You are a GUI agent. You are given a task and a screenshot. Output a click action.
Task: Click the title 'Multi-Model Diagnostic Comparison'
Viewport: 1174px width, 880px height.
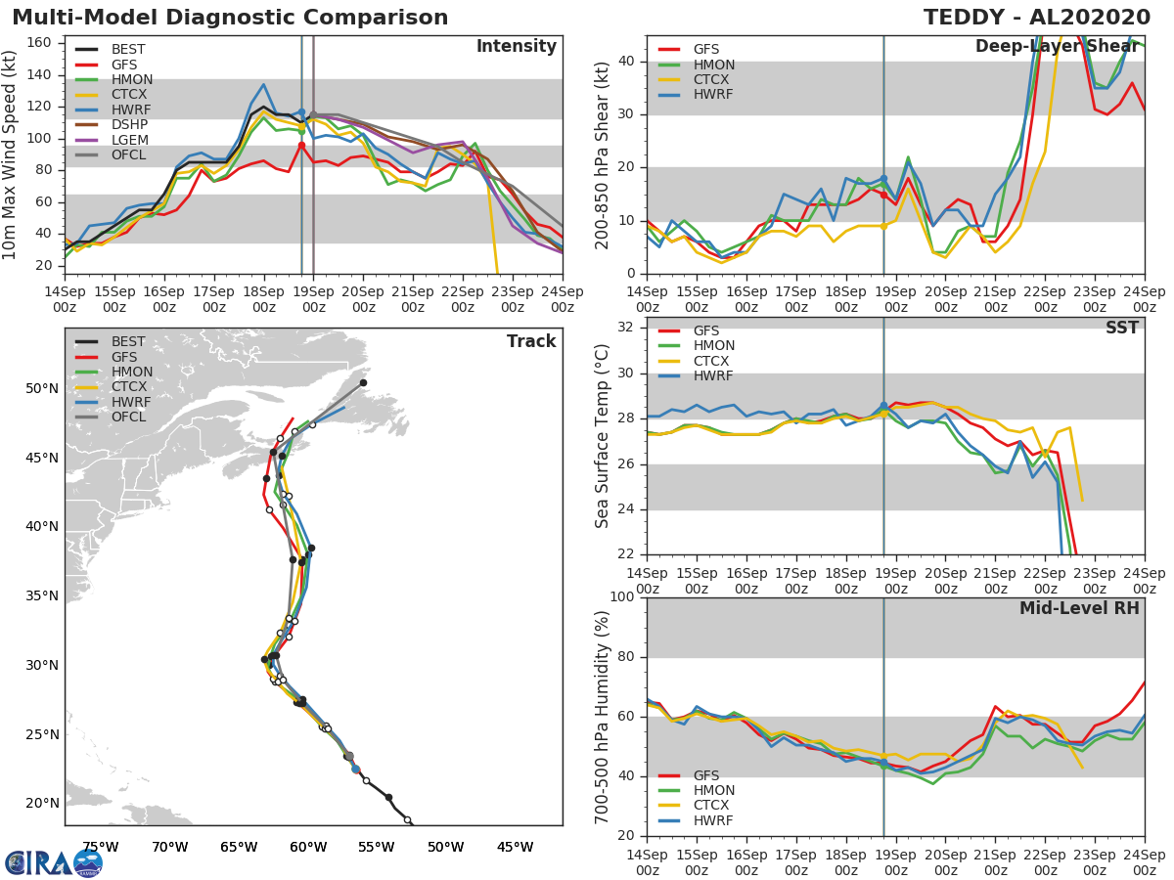[x=230, y=18]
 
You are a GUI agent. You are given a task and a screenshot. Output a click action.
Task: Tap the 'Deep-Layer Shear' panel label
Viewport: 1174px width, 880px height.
[x=1057, y=47]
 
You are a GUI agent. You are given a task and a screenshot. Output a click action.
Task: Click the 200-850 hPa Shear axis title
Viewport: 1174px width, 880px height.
[x=604, y=154]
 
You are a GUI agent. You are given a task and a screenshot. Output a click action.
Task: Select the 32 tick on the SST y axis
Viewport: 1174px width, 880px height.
[x=623, y=328]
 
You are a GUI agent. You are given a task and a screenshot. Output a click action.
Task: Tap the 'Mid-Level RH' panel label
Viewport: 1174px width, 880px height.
[x=1079, y=608]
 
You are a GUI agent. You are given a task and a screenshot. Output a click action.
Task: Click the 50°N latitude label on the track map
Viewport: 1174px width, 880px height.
[x=40, y=388]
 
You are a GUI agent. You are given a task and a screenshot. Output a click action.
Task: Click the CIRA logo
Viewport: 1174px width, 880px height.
[x=53, y=862]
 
